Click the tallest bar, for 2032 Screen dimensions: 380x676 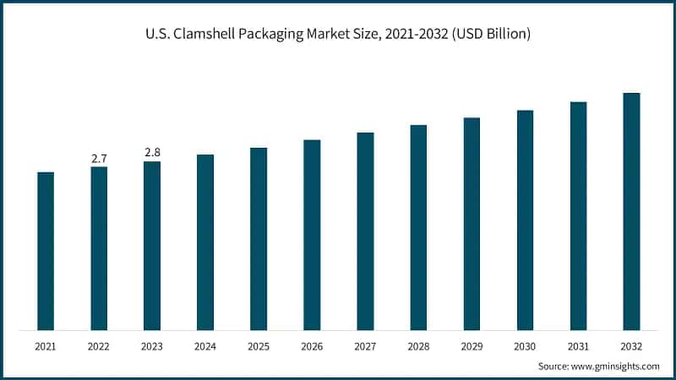[631, 211]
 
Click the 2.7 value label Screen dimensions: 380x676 [99, 158]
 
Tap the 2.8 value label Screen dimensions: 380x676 [152, 152]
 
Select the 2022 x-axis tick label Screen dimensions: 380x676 [99, 347]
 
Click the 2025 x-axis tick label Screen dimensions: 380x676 [259, 347]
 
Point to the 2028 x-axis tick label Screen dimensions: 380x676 [418, 347]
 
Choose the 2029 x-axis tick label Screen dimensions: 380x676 [472, 347]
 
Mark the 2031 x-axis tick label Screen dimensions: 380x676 [578, 347]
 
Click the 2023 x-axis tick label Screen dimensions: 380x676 [152, 347]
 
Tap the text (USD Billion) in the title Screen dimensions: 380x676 [491, 35]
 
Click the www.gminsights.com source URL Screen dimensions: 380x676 [618, 366]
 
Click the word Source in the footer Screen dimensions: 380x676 [555, 366]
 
